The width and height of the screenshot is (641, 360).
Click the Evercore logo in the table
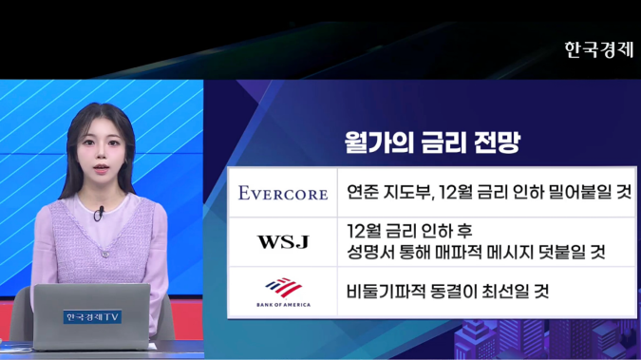[283, 193]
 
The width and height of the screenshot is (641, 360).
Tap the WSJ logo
[283, 242]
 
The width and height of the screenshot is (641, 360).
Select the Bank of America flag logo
[283, 286]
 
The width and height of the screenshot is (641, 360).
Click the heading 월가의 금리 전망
[431, 143]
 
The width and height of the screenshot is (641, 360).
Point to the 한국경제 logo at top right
[598, 49]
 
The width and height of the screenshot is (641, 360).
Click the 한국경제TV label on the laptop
[92, 316]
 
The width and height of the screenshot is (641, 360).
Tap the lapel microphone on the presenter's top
[98, 214]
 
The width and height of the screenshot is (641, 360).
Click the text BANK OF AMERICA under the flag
[283, 305]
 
